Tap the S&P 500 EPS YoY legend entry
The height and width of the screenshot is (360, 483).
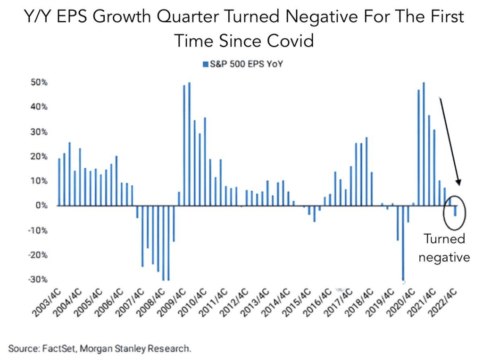tap(242, 64)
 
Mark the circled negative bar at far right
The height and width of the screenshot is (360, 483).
tap(455, 211)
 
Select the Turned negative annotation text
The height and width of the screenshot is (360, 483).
tap(444, 248)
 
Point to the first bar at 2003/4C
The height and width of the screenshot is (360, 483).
tap(59, 182)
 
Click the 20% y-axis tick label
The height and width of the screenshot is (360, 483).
tap(39, 156)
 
